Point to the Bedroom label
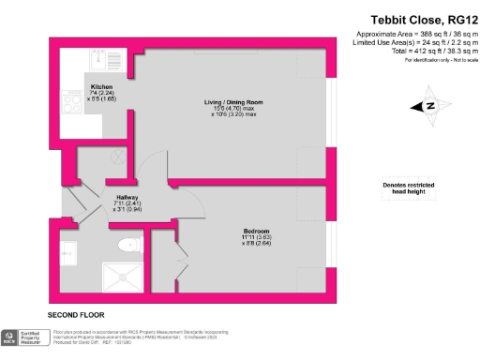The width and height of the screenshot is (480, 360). point(256,232)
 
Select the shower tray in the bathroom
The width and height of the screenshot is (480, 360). point(126,280)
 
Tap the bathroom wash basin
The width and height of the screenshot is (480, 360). point(67,251)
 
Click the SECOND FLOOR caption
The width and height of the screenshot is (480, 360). point(76,315)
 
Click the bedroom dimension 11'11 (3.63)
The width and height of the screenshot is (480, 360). point(256,239)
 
